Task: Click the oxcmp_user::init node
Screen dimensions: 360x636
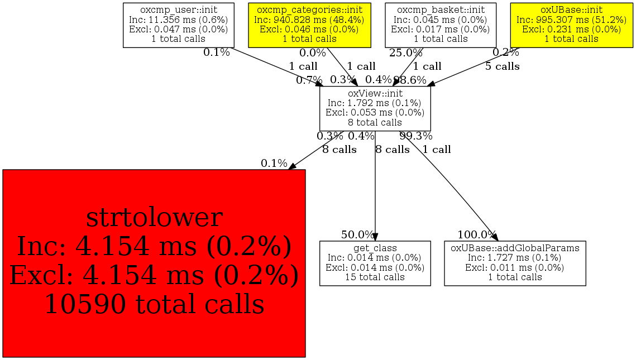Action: [178, 25]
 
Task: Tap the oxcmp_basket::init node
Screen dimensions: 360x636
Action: [441, 25]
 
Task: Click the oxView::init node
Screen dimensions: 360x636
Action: [375, 108]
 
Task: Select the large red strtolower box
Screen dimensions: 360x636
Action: [154, 263]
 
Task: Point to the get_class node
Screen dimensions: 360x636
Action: [375, 263]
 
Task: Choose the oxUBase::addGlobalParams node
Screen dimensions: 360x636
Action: [515, 263]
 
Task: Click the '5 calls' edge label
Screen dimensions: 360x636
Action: [502, 66]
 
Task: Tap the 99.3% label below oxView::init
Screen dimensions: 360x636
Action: [415, 136]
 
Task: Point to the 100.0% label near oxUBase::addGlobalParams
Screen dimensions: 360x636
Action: [477, 234]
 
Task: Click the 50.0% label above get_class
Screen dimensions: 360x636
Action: [358, 234]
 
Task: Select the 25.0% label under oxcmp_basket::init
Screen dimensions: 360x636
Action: [406, 53]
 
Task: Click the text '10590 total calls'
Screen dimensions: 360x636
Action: [154, 305]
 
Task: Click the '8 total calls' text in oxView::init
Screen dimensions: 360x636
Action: [375, 122]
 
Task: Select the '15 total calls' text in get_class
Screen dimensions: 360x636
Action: [375, 277]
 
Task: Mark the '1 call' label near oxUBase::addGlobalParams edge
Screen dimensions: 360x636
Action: [437, 150]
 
